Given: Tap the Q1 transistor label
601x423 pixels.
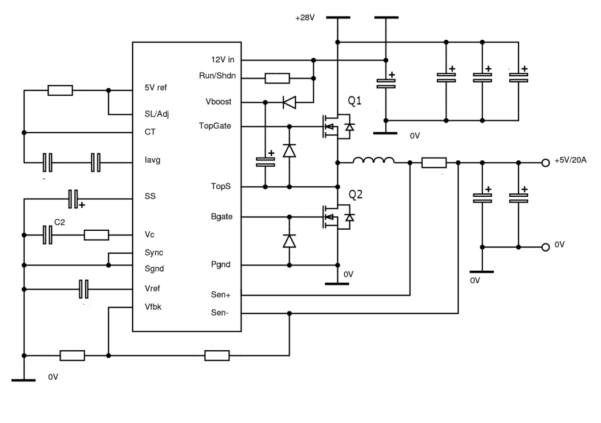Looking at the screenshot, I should pyautogui.click(x=355, y=102).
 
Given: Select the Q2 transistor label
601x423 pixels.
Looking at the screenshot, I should pyautogui.click(x=355, y=194).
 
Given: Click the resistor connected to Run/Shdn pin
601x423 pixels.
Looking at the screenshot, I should pyautogui.click(x=277, y=78).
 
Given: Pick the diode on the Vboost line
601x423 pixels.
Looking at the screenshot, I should pyautogui.click(x=289, y=103).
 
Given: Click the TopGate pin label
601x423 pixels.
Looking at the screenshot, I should pyautogui.click(x=215, y=125).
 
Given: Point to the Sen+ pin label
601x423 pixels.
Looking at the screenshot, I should pyautogui.click(x=222, y=294).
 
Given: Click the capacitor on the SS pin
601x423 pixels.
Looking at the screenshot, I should pyautogui.click(x=73, y=199).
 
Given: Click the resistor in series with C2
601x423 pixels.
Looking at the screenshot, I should pyautogui.click(x=96, y=235).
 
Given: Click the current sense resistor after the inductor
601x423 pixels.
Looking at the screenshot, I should pyautogui.click(x=434, y=163).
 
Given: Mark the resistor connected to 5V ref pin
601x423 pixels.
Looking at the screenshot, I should pyautogui.click(x=60, y=90).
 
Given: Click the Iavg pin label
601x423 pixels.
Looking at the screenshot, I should pyautogui.click(x=153, y=160).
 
